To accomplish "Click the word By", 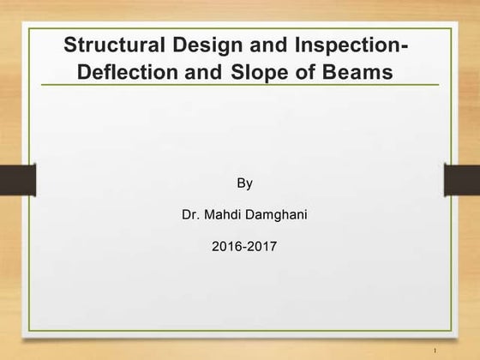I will (x=244, y=183).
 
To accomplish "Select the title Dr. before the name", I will (x=190, y=214).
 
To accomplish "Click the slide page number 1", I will (x=436, y=350).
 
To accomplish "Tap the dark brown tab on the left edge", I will (x=17, y=180).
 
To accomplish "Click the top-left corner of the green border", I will (x=29, y=28).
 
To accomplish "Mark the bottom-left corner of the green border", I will (x=29, y=330).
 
